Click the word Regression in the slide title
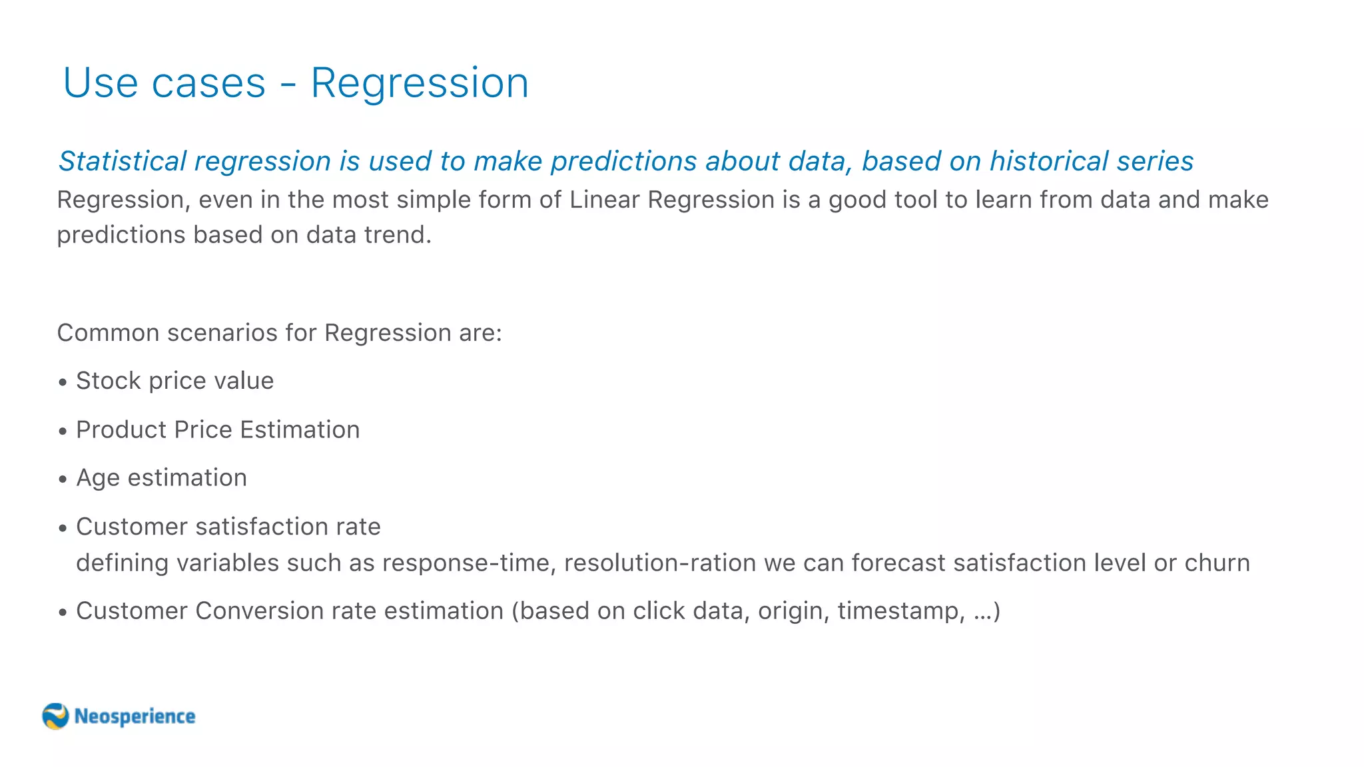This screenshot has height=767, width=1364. pos(420,84)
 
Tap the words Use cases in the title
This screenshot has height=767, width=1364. pos(164,84)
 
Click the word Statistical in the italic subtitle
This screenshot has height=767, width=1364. pos(123,162)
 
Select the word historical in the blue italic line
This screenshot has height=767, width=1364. pos(1049,162)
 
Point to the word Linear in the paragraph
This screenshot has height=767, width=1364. pos(604,200)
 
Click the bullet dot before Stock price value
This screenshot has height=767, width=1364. pos(63,383)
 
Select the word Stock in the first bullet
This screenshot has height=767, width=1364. pos(109,381)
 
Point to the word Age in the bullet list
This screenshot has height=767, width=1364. pos(98,479)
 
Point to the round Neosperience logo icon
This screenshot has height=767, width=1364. pos(55,716)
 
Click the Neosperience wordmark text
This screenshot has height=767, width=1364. pos(135,716)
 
